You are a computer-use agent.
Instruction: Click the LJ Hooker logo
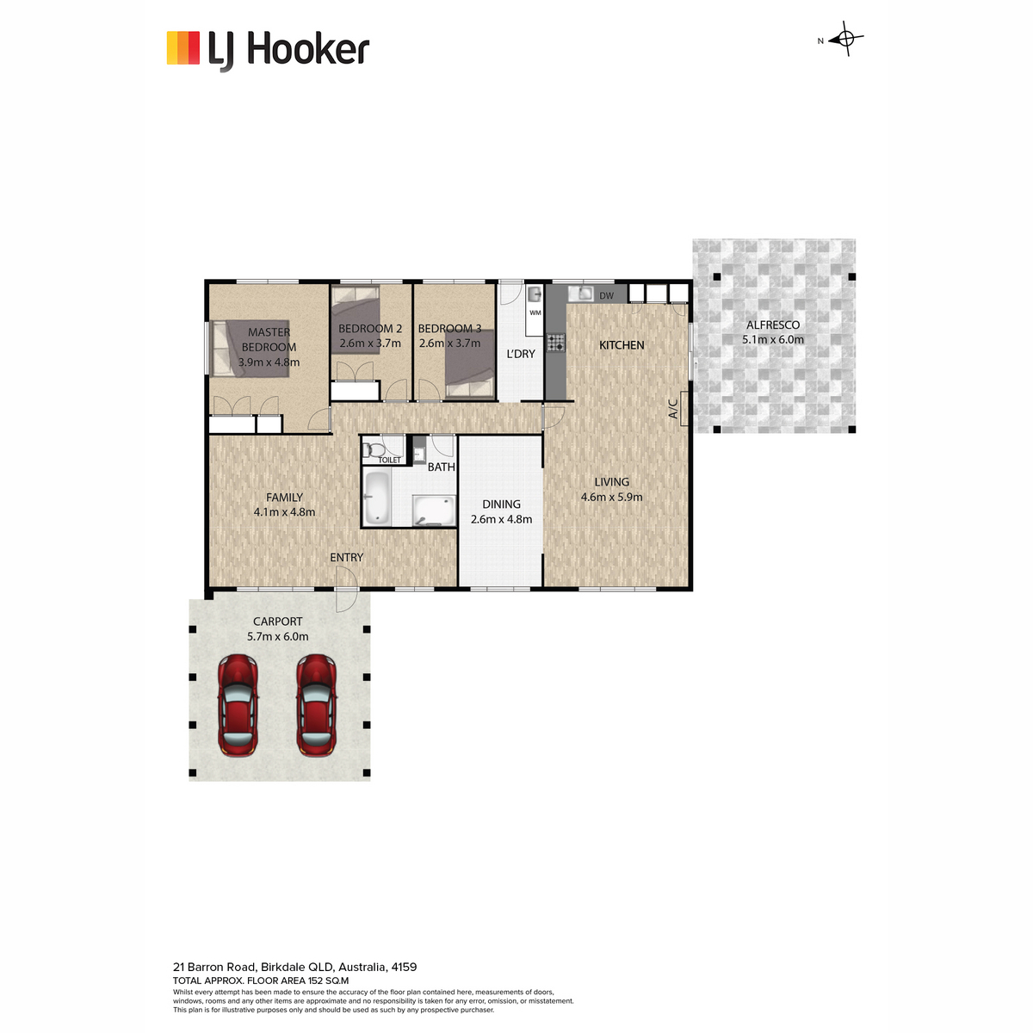point(268,51)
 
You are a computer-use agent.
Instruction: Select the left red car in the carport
point(238,705)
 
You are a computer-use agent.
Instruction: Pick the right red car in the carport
point(317,705)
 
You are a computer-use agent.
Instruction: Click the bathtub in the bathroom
point(377,498)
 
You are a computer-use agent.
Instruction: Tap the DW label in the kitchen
point(606,296)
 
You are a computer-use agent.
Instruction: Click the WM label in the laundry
point(535,312)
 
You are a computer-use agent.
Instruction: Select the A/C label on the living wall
point(673,409)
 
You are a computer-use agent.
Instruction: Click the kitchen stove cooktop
point(556,343)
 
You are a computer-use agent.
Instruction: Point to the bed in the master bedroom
point(251,349)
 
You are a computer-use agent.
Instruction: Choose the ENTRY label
point(346,558)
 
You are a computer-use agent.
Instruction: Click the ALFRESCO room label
point(773,325)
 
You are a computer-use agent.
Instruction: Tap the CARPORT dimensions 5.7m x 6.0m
point(278,636)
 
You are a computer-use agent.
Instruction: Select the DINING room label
point(501,504)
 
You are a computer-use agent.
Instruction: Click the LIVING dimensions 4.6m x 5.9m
point(612,497)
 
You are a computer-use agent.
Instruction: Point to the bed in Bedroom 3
point(470,363)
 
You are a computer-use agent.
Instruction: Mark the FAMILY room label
point(284,497)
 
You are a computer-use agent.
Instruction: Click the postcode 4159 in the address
point(404,967)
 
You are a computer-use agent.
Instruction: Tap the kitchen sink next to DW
point(581,293)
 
